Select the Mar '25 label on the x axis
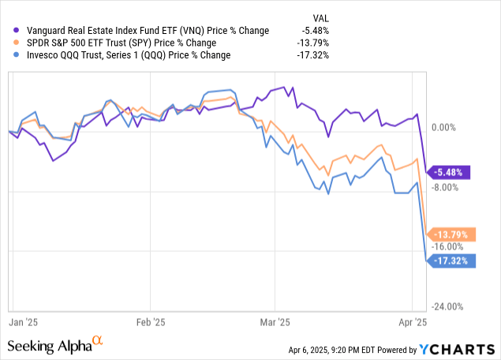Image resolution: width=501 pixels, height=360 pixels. click(x=275, y=322)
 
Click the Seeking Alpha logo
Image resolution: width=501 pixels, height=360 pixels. click(x=55, y=346)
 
